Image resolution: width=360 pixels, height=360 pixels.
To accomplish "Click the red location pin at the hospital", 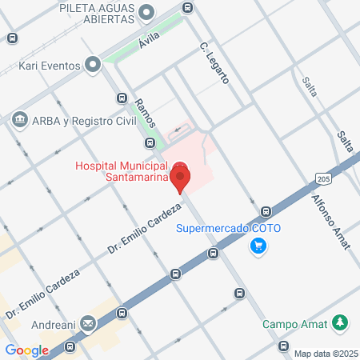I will (x=181, y=177).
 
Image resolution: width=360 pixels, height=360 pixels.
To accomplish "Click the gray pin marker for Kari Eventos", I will (x=94, y=62).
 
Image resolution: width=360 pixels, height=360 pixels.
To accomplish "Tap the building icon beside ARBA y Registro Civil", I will (x=18, y=121).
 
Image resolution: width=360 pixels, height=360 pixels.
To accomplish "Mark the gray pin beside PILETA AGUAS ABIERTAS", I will (x=146, y=12).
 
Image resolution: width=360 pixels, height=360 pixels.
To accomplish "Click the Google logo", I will (x=26, y=350).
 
